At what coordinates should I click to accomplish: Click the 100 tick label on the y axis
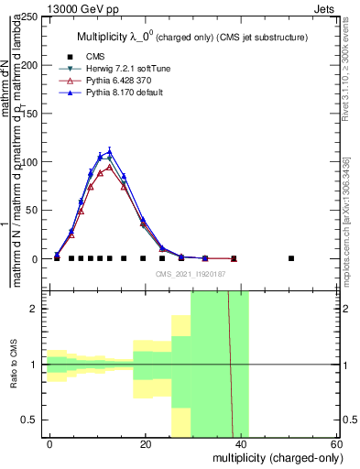[31, 162]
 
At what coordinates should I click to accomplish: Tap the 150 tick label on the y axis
[31, 114]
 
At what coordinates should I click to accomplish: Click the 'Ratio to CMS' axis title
[14, 365]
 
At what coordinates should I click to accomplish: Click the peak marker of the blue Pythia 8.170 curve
[110, 152]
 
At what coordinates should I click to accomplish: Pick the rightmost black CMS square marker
[291, 258]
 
